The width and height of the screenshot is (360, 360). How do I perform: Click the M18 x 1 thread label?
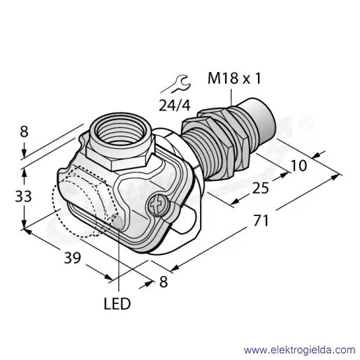point(234,78)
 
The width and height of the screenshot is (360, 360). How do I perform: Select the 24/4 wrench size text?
point(175,106)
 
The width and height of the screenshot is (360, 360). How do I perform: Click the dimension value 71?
point(261,221)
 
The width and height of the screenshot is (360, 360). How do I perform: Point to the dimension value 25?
point(261,188)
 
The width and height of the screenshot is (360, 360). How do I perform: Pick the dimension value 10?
point(298,166)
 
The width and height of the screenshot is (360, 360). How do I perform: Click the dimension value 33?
point(23,196)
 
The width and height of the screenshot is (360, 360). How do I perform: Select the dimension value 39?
point(73,258)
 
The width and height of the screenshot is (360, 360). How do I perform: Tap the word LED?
point(117,304)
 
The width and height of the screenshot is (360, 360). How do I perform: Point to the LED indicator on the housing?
point(117,221)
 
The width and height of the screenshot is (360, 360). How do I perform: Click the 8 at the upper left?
point(24,131)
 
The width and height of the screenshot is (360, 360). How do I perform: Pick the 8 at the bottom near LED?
point(164,282)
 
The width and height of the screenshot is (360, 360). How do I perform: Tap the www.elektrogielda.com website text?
point(299,350)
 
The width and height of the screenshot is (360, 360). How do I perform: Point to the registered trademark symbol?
point(307,124)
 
